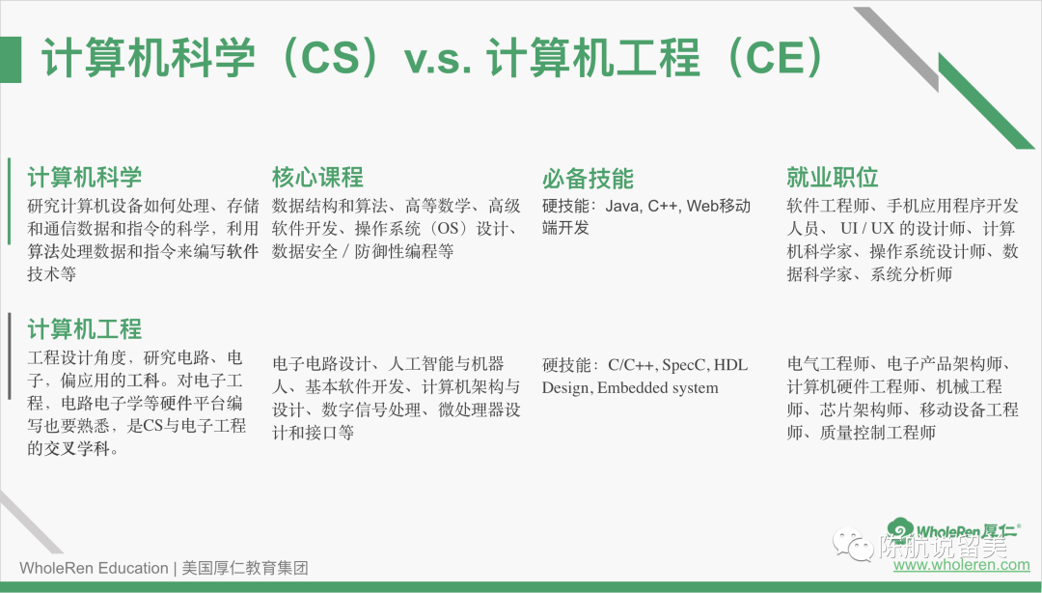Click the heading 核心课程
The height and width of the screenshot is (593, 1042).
(317, 178)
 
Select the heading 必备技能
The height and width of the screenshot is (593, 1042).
(588, 179)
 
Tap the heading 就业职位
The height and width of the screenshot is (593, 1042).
(832, 177)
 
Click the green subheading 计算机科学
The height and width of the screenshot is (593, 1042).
(84, 177)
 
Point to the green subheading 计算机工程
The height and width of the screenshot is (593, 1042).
(84, 328)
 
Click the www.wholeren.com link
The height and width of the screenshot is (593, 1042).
(961, 565)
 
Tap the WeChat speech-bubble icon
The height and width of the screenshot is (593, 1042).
(853, 545)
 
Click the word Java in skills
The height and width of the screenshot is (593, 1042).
(622, 207)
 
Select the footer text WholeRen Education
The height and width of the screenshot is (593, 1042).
(94, 569)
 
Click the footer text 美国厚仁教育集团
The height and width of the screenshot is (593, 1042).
(245, 569)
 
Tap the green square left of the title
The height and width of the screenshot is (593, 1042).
(11, 60)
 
